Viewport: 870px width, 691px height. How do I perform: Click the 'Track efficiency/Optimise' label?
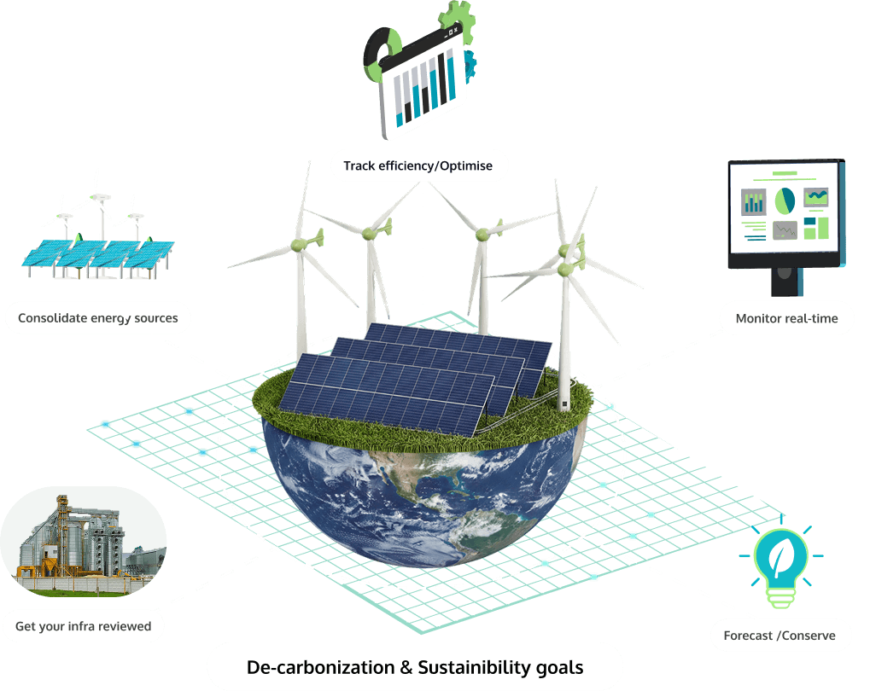[418, 165]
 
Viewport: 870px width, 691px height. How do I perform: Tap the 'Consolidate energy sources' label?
[98, 319]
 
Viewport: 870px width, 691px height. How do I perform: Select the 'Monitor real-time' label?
[786, 319]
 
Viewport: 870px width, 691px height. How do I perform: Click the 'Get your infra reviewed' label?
[83, 626]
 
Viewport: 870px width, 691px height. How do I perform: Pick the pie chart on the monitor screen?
[785, 201]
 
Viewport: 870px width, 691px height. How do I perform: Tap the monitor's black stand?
[784, 282]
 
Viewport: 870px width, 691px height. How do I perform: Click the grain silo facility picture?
[83, 537]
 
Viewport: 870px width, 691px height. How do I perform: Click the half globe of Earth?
[424, 495]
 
